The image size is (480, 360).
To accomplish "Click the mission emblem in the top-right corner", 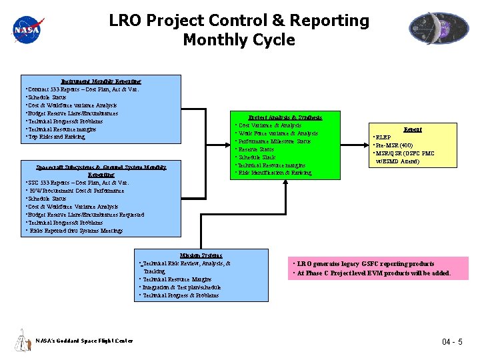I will tap(434, 29).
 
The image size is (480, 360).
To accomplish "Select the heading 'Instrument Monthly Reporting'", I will tap(101, 81).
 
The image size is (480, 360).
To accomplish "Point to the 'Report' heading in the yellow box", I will tap(413, 129).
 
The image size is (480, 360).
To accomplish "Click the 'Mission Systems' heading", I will tap(201, 255).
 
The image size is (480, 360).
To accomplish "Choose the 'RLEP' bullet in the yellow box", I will tap(385, 137).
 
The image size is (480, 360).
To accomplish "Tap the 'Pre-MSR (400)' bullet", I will tap(395, 145).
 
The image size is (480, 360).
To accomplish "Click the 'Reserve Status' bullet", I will tap(257, 149).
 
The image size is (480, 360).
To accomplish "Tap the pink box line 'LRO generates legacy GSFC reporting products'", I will tap(365, 264).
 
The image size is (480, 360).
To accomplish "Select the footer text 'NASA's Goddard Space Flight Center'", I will tap(85, 341).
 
